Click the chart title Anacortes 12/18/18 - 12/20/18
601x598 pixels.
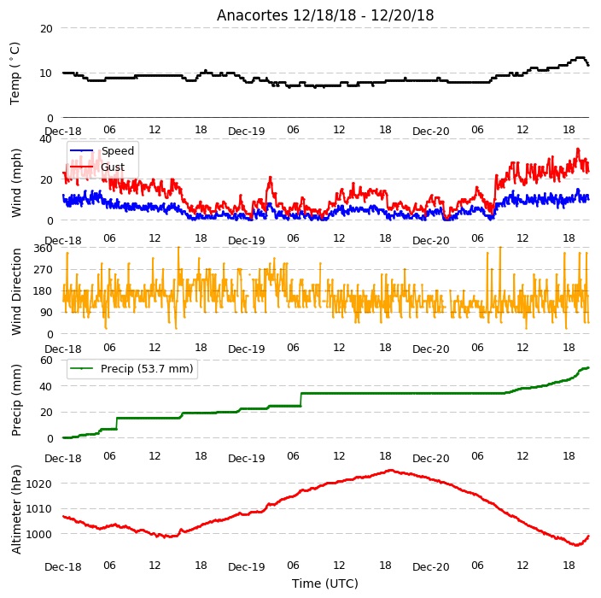point(325,15)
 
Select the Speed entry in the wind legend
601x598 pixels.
point(102,150)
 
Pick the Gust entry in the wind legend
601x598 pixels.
point(97,167)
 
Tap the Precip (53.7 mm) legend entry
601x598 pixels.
point(131,368)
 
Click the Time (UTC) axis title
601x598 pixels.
point(325,583)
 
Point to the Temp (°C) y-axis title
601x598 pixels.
point(15,73)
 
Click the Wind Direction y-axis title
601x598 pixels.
point(15,291)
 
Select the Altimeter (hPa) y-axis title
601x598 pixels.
point(15,509)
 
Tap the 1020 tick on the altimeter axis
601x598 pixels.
point(38,484)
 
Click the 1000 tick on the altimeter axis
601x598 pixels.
point(38,534)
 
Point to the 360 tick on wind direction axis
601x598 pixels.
point(43,249)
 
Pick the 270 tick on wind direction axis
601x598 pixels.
point(43,270)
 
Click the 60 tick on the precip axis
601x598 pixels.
point(46,361)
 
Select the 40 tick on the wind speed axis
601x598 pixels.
point(45,139)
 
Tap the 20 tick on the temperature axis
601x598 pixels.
point(46,29)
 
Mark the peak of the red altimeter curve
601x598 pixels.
point(391,470)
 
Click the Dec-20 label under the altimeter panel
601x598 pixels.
point(430,567)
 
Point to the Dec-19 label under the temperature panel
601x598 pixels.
point(247,132)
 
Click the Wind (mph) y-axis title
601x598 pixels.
point(15,184)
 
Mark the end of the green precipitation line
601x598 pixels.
point(588,368)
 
